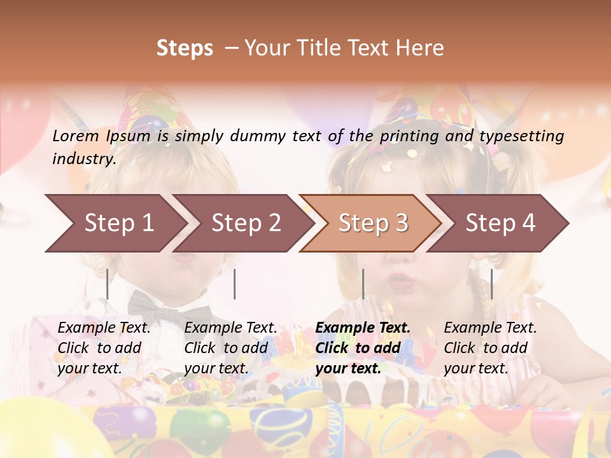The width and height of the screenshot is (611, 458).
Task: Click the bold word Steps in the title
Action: (x=185, y=48)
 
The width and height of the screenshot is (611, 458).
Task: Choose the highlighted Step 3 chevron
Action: (x=373, y=223)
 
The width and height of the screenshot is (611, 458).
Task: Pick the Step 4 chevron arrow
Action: (x=500, y=223)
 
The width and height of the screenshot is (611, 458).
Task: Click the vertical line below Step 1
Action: (x=107, y=284)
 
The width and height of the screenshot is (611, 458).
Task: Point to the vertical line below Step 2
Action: (x=235, y=284)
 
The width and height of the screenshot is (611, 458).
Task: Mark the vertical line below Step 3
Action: (x=363, y=284)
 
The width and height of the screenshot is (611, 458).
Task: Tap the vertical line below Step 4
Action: (x=491, y=284)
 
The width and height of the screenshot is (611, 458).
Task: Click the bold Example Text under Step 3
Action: (x=363, y=328)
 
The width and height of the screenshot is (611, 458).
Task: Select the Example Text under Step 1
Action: (x=104, y=328)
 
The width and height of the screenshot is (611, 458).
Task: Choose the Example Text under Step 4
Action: (x=490, y=328)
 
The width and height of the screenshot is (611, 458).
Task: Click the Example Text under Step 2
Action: (x=230, y=328)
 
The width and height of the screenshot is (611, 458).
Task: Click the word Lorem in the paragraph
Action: (x=75, y=135)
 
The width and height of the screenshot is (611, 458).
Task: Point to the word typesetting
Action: (x=521, y=136)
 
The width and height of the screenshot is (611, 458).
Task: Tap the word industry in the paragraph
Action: (x=83, y=159)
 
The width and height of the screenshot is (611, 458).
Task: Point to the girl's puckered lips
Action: (x=400, y=279)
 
